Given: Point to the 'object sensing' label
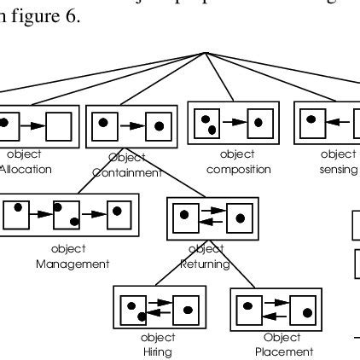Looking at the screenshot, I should [x=340, y=162].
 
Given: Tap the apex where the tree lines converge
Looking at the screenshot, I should [x=207, y=52].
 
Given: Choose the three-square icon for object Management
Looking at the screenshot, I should [x=67, y=216].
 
